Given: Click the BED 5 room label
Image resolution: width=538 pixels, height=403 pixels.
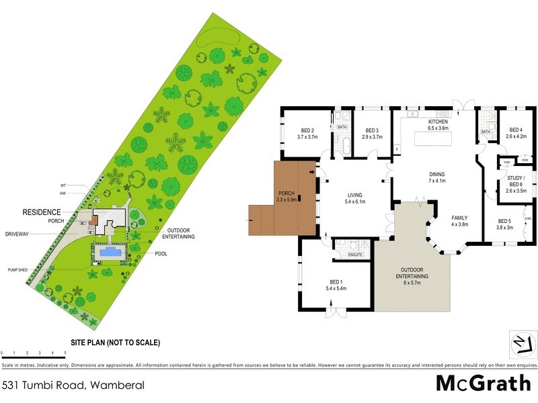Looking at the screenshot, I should coord(505,224).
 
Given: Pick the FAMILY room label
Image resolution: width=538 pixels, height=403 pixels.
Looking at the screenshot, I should coord(459,221).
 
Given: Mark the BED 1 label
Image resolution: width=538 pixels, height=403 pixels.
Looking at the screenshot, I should coord(337,285).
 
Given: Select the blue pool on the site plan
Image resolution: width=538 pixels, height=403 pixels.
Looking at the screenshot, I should coord(108,253).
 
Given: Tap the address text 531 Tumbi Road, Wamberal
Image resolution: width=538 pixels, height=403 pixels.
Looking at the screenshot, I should coord(63,385).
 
